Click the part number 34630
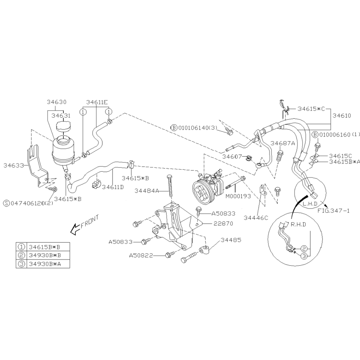pyautogui.click(x=56, y=102)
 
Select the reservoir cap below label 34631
pyautogui.click(x=63, y=126)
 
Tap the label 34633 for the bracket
pyautogui.click(x=14, y=165)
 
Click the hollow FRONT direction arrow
pyautogui.click(x=76, y=230)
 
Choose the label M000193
pyautogui.click(x=238, y=196)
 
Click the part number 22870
pyautogui.click(x=223, y=224)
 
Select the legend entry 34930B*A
pyautogui.click(x=45, y=264)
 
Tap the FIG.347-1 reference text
pyautogui.click(x=333, y=210)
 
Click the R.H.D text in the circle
pyautogui.click(x=298, y=224)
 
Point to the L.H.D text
pyautogui.click(x=310, y=204)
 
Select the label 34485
pyautogui.click(x=231, y=240)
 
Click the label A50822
pyautogui.click(x=141, y=256)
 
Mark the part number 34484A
pyautogui.click(x=147, y=191)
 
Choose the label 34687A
pyautogui.click(x=282, y=143)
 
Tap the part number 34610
pyautogui.click(x=342, y=116)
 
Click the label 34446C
pyautogui.click(x=256, y=218)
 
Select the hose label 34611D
pyautogui.click(x=113, y=187)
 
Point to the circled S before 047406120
pyautogui.click(x=7, y=203)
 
